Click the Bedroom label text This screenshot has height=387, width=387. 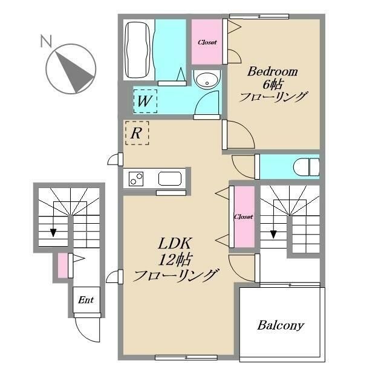point(273,71)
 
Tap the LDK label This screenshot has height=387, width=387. point(175,243)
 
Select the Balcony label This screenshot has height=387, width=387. point(281,325)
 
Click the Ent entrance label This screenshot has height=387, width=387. point(86,300)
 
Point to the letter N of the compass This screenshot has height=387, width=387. point(46,41)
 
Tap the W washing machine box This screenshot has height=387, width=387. point(145,101)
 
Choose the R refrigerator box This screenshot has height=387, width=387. point(137,133)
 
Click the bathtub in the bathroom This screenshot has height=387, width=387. point(137,50)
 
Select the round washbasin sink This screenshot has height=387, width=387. point(207,79)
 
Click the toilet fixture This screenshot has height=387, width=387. point(306,167)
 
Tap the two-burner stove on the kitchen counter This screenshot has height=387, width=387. point(136,179)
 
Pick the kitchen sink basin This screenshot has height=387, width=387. point(170,178)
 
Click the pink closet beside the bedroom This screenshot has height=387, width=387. point(207,42)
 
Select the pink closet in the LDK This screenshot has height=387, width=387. point(244,216)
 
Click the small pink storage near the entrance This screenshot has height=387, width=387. point(63,265)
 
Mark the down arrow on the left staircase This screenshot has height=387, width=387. point(53,232)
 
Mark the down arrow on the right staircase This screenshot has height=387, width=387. point(273,234)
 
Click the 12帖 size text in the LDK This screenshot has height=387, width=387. point(175,259)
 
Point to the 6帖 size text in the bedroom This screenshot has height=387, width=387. point(273,85)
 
